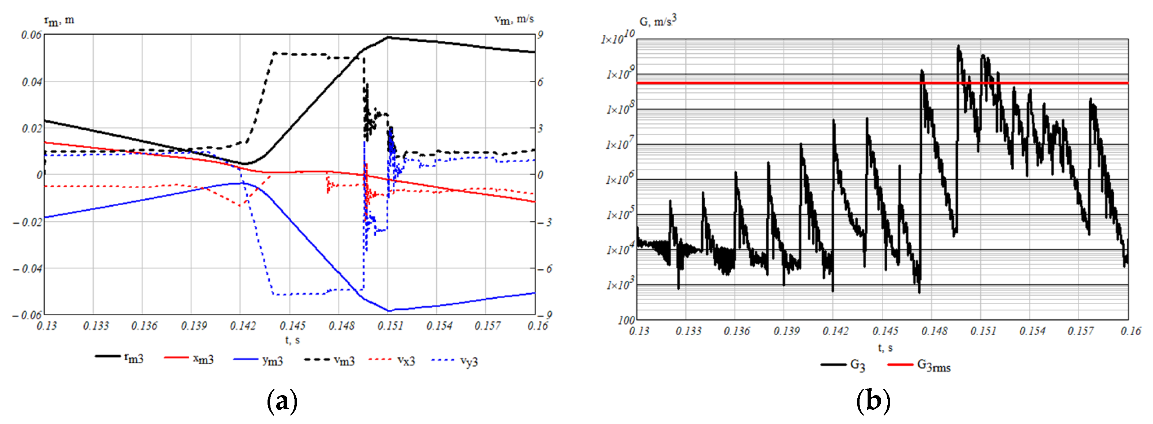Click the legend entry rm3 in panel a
pos(120,358)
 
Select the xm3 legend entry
pos(190,359)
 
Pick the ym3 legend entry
pos(259,360)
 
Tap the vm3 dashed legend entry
pos(330,360)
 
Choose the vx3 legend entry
pos(392,360)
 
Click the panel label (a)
pos(282,401)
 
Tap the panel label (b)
pos(873,401)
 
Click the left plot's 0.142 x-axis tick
pos(242,326)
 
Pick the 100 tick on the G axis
pos(626,320)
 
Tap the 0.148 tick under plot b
pos(934,331)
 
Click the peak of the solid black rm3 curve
pos(388,38)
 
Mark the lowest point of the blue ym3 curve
pos(388,310)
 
